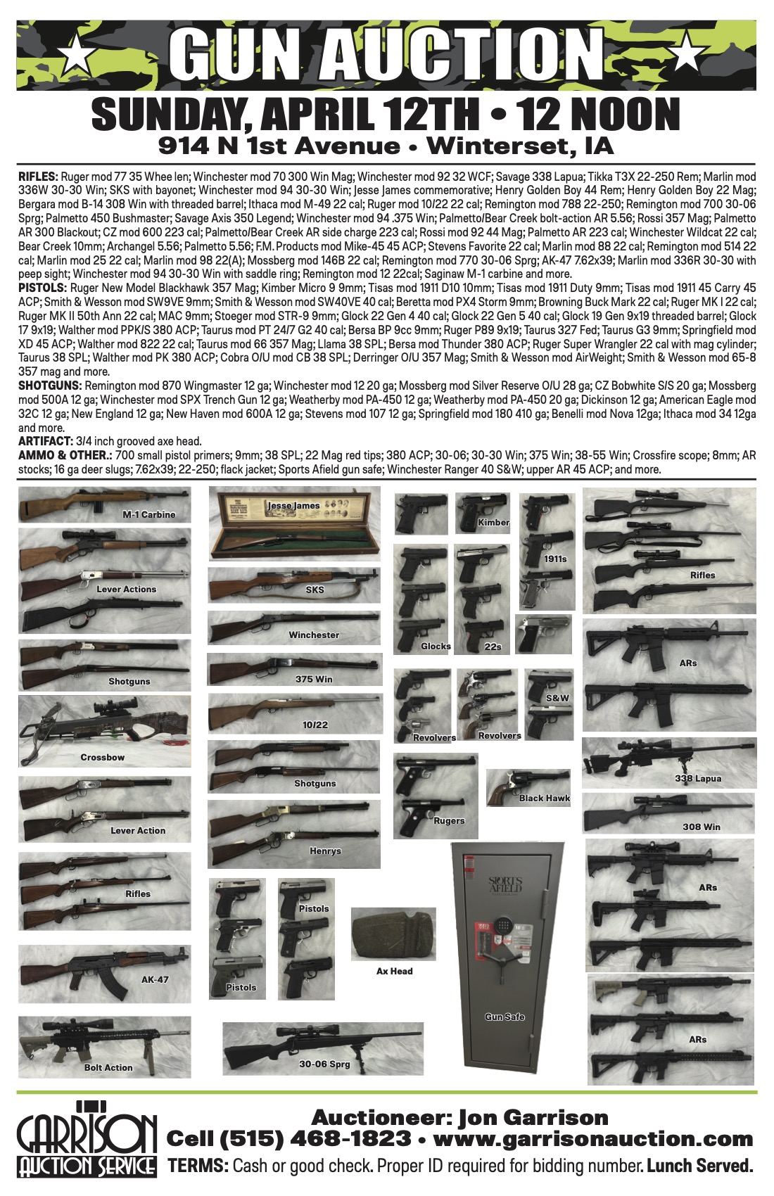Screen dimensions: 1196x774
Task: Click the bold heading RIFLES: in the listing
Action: tap(39, 177)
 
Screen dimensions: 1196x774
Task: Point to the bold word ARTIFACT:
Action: tap(45, 441)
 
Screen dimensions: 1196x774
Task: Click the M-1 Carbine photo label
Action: tap(148, 514)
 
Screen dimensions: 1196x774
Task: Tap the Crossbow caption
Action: tap(103, 757)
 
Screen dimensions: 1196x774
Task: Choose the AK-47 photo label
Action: tap(155, 979)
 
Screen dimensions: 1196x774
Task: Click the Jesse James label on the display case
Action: tap(293, 506)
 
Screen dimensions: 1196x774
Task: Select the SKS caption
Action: tap(315, 590)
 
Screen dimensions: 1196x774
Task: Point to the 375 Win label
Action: tap(314, 679)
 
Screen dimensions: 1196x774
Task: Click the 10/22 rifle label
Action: tap(315, 725)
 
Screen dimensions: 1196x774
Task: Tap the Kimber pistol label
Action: tap(493, 523)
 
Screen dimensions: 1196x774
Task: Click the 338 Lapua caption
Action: tap(698, 778)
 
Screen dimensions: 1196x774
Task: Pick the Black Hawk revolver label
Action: tap(544, 798)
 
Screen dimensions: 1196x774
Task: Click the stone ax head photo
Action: tap(393, 934)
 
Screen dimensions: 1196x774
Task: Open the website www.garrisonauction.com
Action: tap(593, 1138)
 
